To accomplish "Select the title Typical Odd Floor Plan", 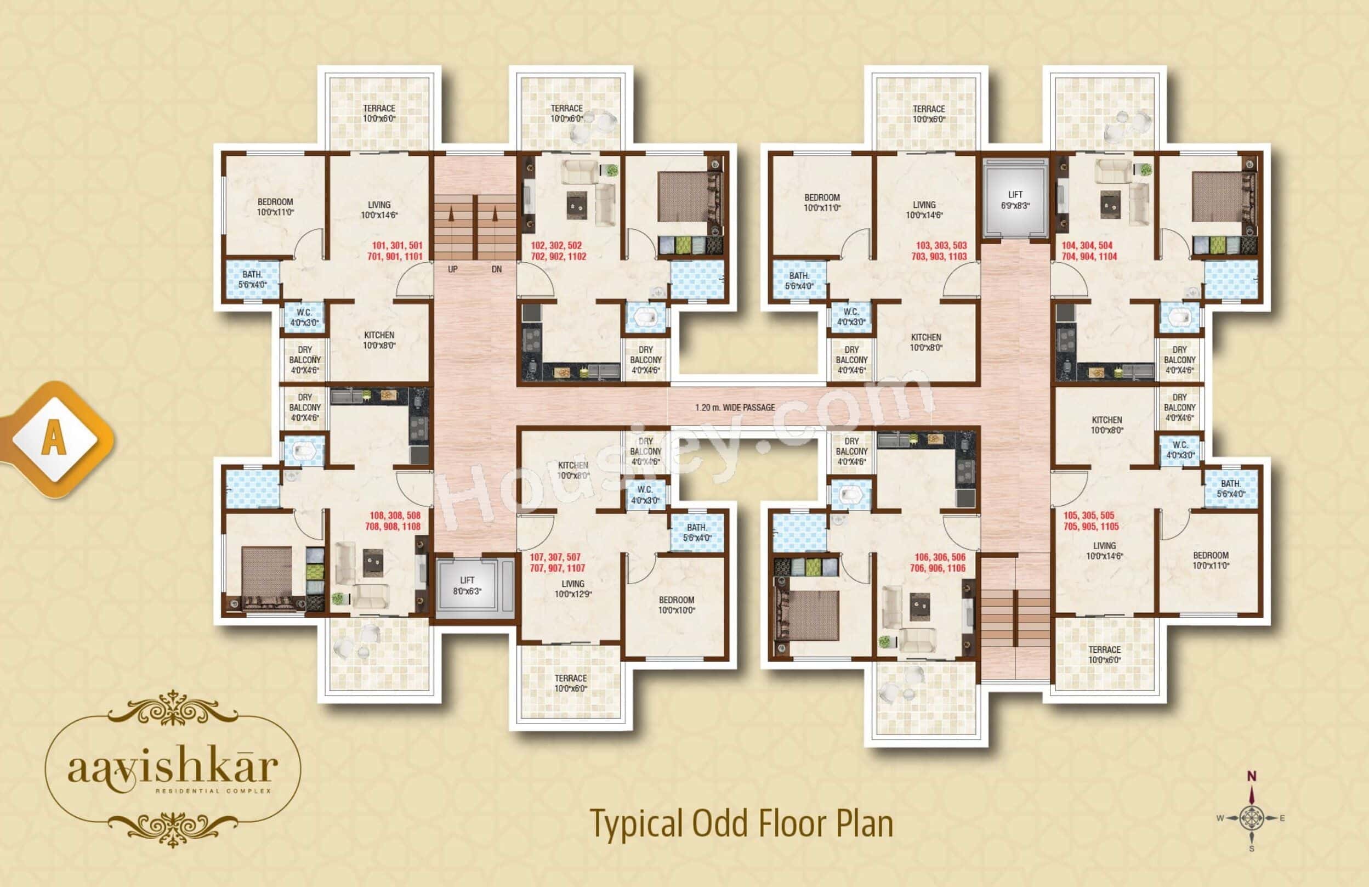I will coord(742,824).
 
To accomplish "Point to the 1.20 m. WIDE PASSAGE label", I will coord(735,407).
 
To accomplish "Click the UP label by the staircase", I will coord(453,269).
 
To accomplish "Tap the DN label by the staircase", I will coord(496,269).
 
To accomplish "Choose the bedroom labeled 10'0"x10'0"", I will coord(677,604).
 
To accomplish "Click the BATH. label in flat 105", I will coord(1231,489).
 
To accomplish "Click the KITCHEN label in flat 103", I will coord(925,342).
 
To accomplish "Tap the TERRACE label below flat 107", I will coord(571,683).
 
